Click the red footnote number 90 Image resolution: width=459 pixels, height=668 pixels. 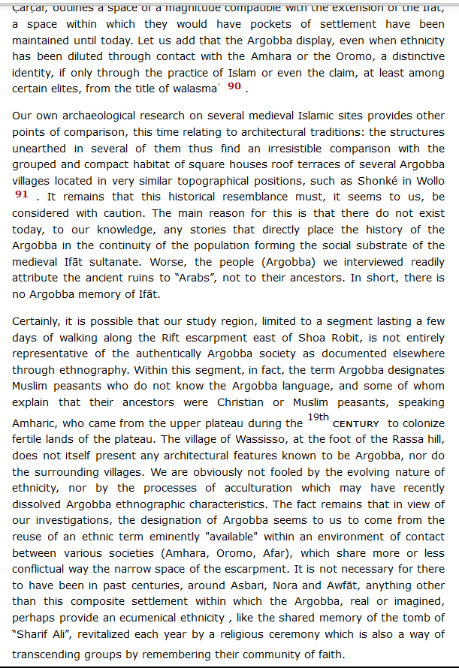pyautogui.click(x=234, y=86)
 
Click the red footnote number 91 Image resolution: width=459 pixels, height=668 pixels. pyautogui.click(x=21, y=194)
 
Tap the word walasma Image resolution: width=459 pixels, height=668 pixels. pyautogui.click(x=198, y=89)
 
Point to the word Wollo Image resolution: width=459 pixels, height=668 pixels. pyautogui.click(x=428, y=181)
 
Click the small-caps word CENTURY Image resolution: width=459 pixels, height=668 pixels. pyautogui.click(x=355, y=424)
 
